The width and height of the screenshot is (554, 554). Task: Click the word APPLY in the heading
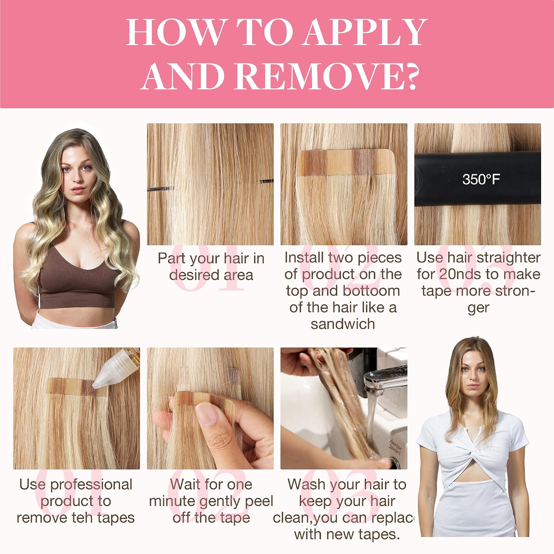click(366, 32)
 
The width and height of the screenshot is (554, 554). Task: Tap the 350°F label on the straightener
click(481, 179)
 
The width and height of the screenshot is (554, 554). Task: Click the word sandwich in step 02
click(343, 324)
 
